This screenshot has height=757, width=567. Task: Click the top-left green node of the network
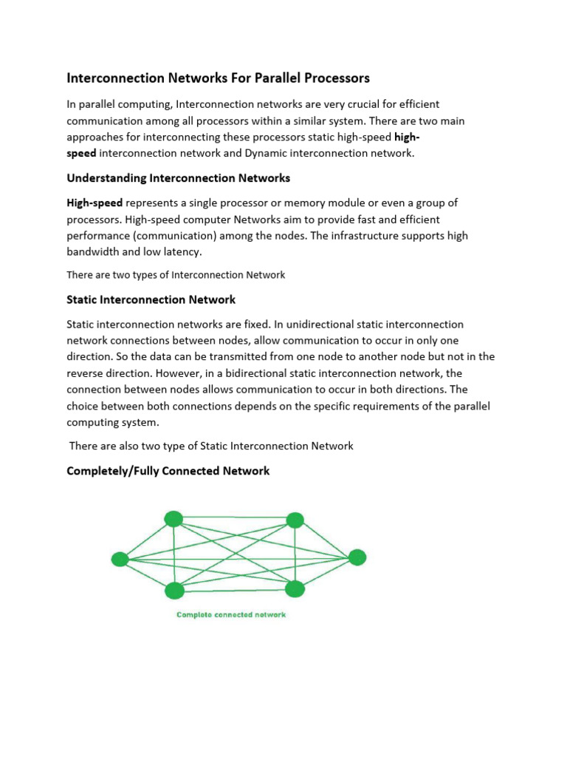pyautogui.click(x=173, y=519)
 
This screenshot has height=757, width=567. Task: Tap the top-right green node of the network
pyautogui.click(x=295, y=520)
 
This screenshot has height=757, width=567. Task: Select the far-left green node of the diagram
pyautogui.click(x=120, y=559)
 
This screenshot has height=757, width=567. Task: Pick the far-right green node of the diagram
pyautogui.click(x=357, y=557)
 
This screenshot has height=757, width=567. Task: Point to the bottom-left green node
pyautogui.click(x=174, y=590)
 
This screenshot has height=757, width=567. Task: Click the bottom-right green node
pyautogui.click(x=295, y=588)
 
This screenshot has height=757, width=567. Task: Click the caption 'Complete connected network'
pyautogui.click(x=230, y=615)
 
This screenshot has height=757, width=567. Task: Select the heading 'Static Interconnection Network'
pyautogui.click(x=151, y=299)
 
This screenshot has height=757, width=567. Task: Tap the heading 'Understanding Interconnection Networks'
pyautogui.click(x=179, y=178)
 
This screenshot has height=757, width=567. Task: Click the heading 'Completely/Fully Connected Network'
pyautogui.click(x=168, y=470)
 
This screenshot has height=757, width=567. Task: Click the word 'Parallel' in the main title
pyautogui.click(x=270, y=78)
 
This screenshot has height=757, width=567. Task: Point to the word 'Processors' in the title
pyautogui.click(x=333, y=78)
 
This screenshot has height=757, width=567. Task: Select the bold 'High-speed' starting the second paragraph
pyautogui.click(x=94, y=203)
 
